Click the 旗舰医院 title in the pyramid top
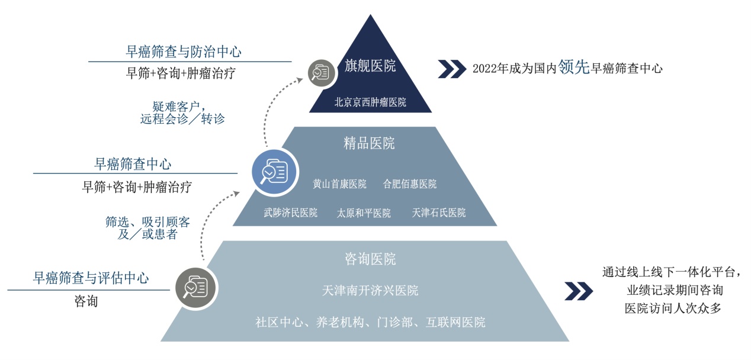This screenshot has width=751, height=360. click(370, 66)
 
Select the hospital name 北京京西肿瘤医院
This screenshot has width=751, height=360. click(370, 102)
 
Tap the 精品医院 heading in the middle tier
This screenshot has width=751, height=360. click(369, 143)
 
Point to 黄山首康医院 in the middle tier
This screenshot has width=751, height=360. click(339, 184)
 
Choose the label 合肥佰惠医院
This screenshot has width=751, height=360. click(409, 184)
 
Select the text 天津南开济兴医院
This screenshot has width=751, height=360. click(370, 291)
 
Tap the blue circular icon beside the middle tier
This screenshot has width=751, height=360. click(274, 171)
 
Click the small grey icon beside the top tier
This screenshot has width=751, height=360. click(320, 72)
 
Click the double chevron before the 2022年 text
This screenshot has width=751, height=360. click(451, 69)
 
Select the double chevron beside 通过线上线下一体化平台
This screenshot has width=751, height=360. click(578, 291)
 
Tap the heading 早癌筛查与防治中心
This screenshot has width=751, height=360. click(184, 52)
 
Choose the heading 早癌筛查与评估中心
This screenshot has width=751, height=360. click(91, 278)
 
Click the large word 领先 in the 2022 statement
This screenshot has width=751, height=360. click(574, 67)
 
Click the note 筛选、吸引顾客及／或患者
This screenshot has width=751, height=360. click(148, 229)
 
